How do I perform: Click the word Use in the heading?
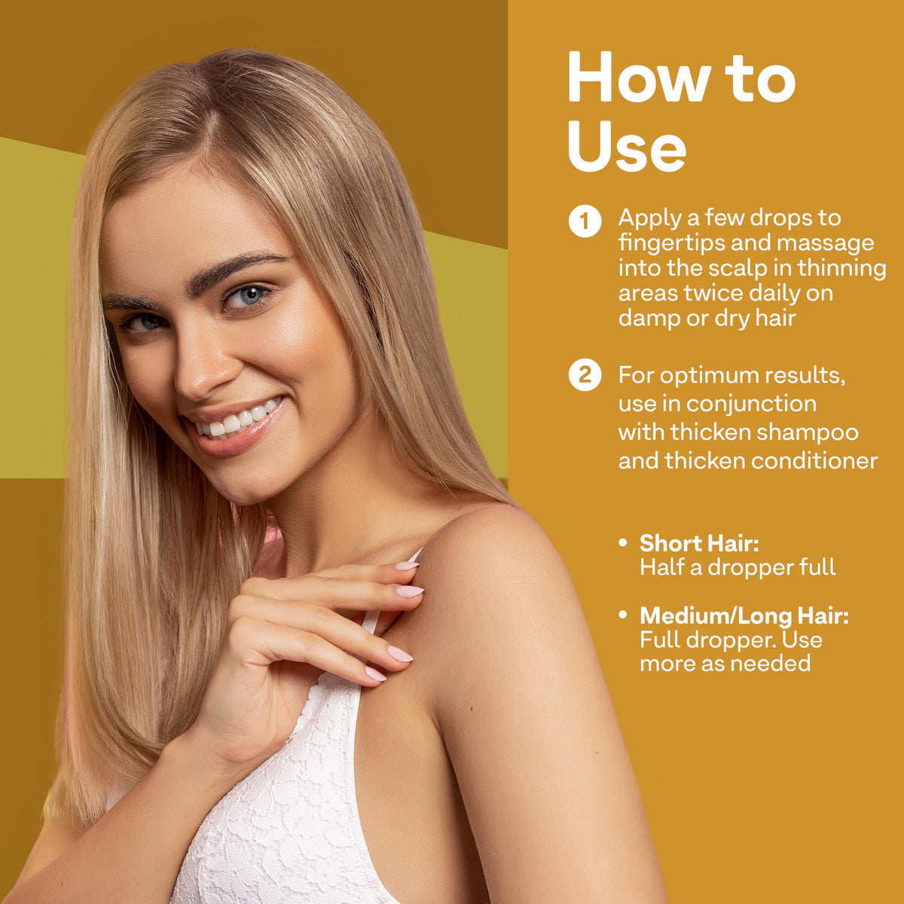(627, 146)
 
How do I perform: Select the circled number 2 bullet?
(585, 375)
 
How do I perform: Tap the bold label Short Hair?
(699, 542)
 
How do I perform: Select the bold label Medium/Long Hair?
(744, 615)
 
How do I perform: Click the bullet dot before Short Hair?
(622, 542)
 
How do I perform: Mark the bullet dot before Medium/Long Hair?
(622, 615)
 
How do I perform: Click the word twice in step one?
(713, 293)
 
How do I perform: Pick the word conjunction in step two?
(752, 405)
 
